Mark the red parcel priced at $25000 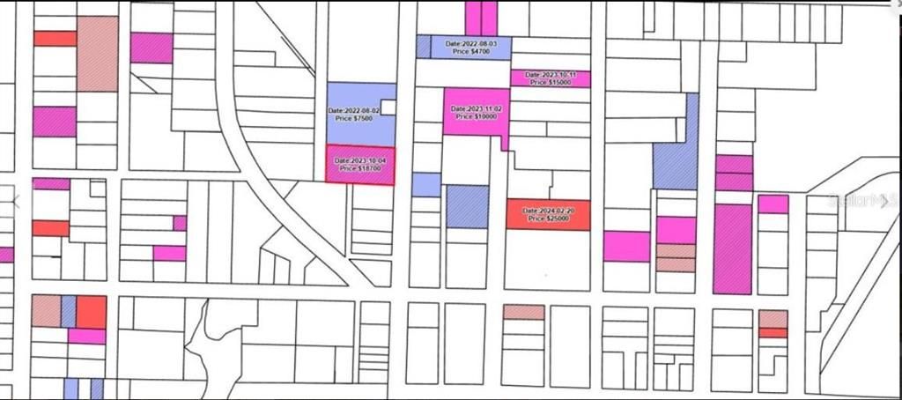548,224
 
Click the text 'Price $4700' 471,52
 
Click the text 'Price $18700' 359,168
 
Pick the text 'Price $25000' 548,219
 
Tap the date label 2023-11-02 477,108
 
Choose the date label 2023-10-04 359,160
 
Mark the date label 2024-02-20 548,211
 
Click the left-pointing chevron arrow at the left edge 15,202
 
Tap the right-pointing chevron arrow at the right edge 885,202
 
